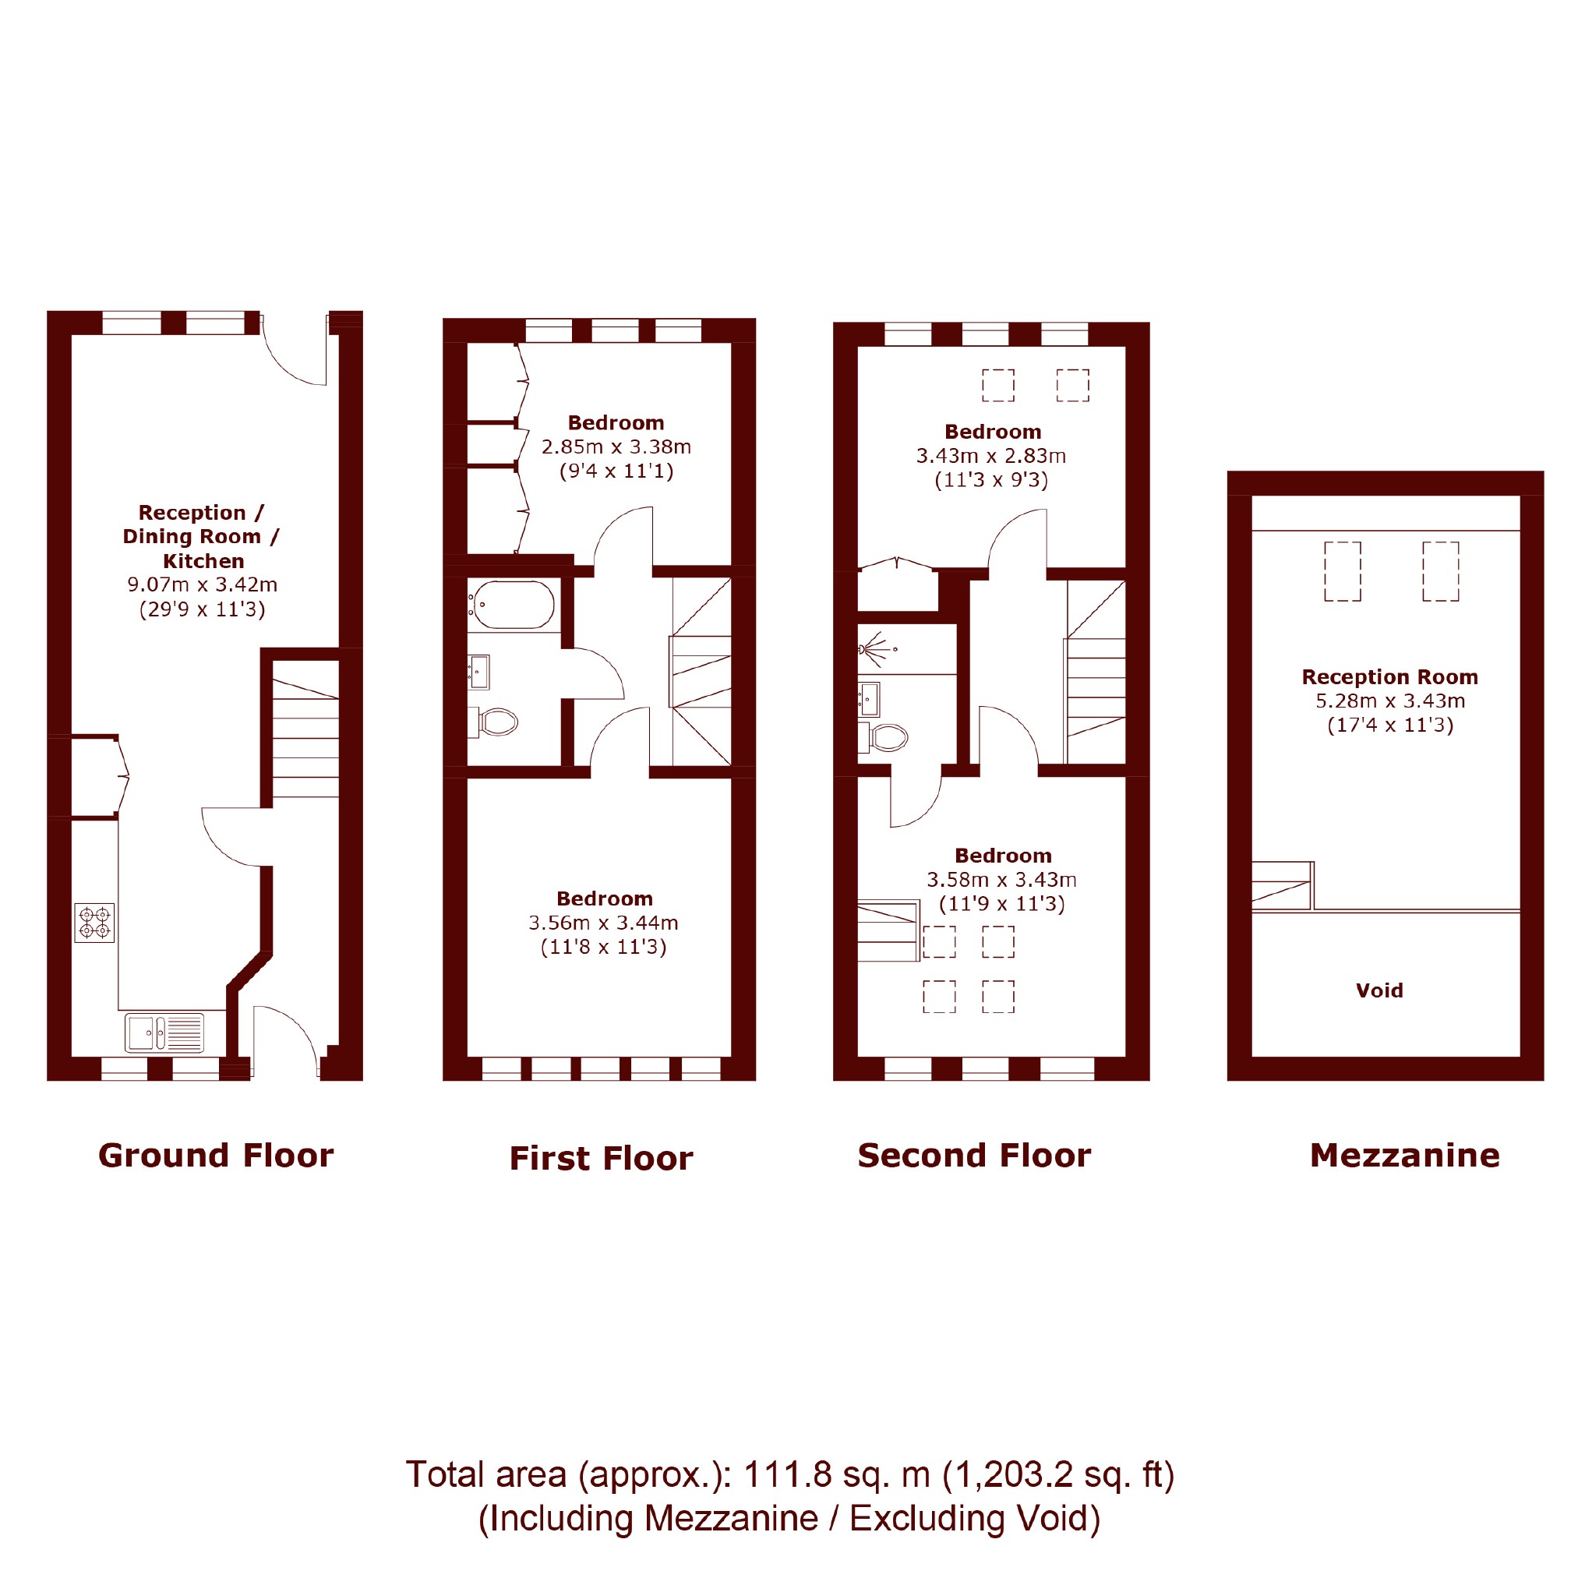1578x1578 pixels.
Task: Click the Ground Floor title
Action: (x=216, y=1156)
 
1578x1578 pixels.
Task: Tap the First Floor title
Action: (x=601, y=1158)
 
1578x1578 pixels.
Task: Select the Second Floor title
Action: (x=974, y=1156)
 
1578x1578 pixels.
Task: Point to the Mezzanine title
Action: (x=1405, y=1156)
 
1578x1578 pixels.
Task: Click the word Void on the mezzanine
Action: (x=1379, y=990)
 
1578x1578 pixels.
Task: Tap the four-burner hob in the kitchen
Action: (x=95, y=923)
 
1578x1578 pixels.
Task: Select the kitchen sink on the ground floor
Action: (x=165, y=1033)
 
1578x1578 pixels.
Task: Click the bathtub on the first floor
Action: (x=511, y=605)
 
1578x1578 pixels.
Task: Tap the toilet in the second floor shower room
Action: (x=884, y=737)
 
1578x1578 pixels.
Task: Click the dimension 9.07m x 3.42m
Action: (x=203, y=584)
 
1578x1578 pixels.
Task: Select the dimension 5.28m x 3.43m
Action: (x=1390, y=701)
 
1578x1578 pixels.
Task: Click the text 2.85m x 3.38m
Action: (x=616, y=447)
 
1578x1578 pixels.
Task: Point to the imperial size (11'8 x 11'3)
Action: (x=604, y=947)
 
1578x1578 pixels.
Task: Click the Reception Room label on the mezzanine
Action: (x=1390, y=677)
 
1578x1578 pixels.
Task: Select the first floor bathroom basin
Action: (x=478, y=673)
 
